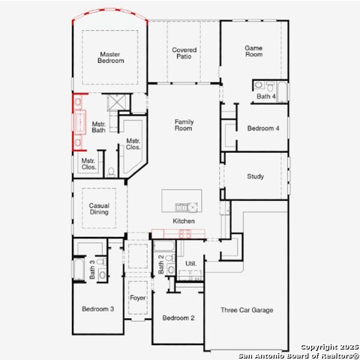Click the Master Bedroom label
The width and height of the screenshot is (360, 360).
click(110, 58)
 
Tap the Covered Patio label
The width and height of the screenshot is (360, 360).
click(184, 53)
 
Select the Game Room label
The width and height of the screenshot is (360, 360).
click(253, 51)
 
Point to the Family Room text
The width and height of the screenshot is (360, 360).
click(184, 125)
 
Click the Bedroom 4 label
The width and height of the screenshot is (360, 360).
click(263, 128)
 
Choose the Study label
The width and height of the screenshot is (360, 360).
click(255, 176)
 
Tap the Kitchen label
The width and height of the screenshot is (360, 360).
click(184, 221)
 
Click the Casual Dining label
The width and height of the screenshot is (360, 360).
click(99, 208)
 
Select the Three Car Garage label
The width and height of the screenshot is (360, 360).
click(247, 310)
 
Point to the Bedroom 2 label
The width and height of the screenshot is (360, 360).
click(178, 318)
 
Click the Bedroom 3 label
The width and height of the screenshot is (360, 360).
click(97, 309)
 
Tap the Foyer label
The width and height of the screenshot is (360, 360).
click(138, 298)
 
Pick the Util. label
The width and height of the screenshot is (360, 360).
click(191, 263)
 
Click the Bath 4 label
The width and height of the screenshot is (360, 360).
click(266, 96)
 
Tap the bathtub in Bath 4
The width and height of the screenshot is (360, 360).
click(282, 91)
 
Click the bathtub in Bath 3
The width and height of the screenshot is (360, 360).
click(79, 269)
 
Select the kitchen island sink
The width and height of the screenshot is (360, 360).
click(181, 207)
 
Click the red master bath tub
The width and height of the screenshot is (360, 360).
click(79, 122)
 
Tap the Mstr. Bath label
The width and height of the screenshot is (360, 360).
click(99, 127)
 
